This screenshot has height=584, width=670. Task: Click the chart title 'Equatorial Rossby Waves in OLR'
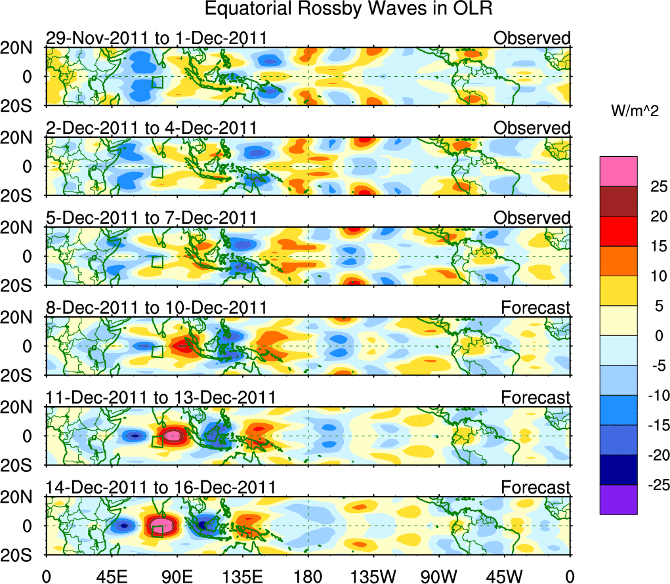pos(348,9)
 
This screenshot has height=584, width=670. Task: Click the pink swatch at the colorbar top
pos(618,171)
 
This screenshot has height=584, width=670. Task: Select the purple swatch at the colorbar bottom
pos(618,499)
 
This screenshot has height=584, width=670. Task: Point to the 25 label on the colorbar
pos(653,186)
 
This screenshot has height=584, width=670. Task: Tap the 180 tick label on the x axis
pos(308,575)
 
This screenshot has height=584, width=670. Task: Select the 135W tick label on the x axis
pos(373,575)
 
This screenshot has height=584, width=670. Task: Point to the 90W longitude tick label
pos(439,575)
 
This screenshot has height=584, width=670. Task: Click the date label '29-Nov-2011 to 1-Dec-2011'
pos(156,38)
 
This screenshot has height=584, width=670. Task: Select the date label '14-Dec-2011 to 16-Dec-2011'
pos(160,488)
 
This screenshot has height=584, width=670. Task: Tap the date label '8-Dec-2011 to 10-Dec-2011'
pos(156,308)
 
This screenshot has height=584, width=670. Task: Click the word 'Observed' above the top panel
pos(532,38)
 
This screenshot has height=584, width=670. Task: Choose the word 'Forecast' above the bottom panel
pos(536,488)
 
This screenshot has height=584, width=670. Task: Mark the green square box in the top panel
pos(157,82)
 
